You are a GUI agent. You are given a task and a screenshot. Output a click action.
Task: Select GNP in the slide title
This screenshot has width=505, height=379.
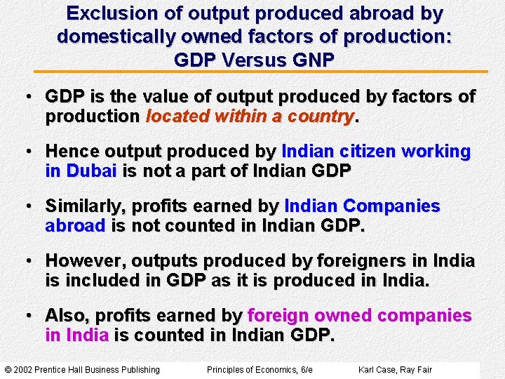tap(308, 59)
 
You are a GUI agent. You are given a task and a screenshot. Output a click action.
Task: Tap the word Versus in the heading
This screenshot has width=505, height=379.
tap(245, 59)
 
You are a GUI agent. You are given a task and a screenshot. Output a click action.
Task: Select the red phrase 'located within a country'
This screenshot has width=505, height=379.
tap(250, 117)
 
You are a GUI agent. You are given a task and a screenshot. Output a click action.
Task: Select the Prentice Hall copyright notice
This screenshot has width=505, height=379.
tap(82, 370)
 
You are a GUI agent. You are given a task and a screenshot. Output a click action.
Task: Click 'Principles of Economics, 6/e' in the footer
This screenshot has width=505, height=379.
tap(260, 370)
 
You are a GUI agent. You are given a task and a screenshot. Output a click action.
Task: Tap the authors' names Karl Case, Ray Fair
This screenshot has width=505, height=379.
tap(395, 370)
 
